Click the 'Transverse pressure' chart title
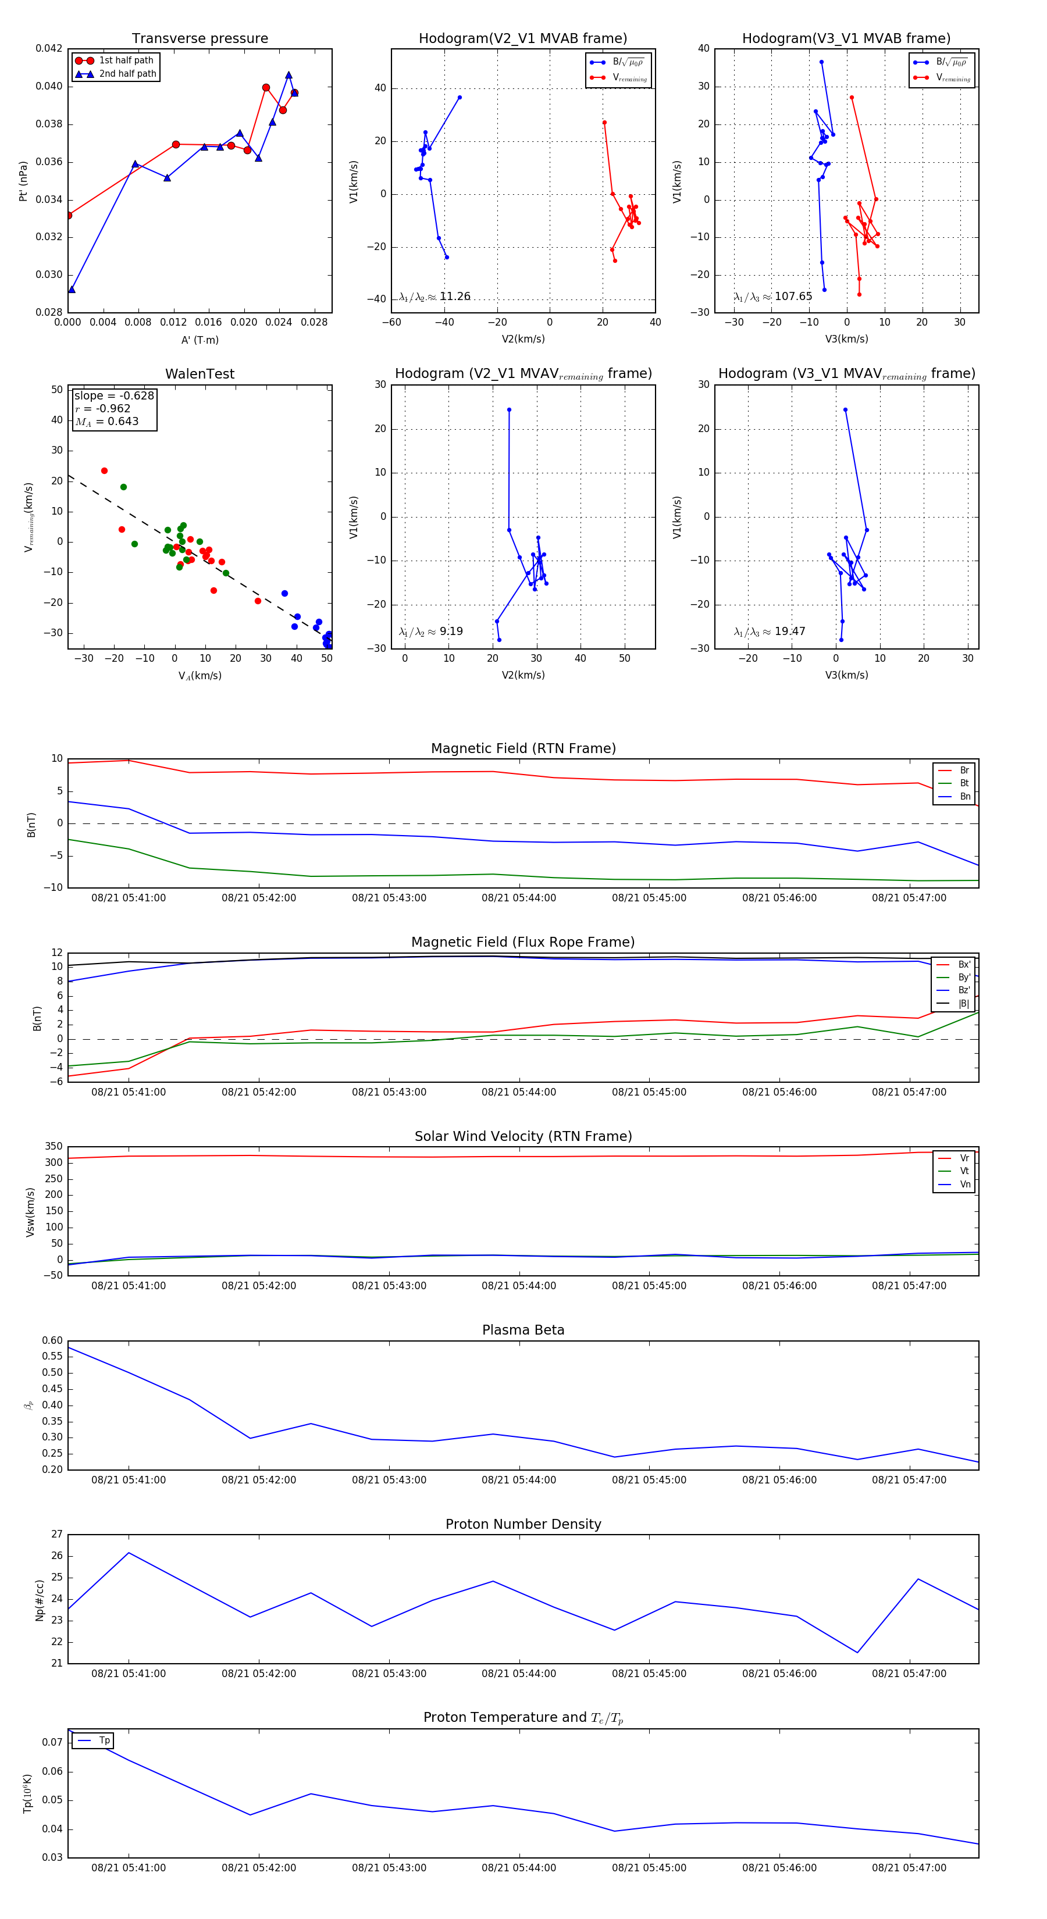point(200,39)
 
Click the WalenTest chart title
point(200,374)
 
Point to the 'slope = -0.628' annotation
point(114,395)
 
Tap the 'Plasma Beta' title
point(523,1331)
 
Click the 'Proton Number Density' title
point(523,1524)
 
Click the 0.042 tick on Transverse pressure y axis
point(49,48)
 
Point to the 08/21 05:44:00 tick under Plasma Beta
point(519,1480)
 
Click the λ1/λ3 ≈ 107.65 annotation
point(773,297)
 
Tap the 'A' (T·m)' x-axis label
point(200,340)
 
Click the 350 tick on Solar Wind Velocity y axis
point(54,1147)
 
